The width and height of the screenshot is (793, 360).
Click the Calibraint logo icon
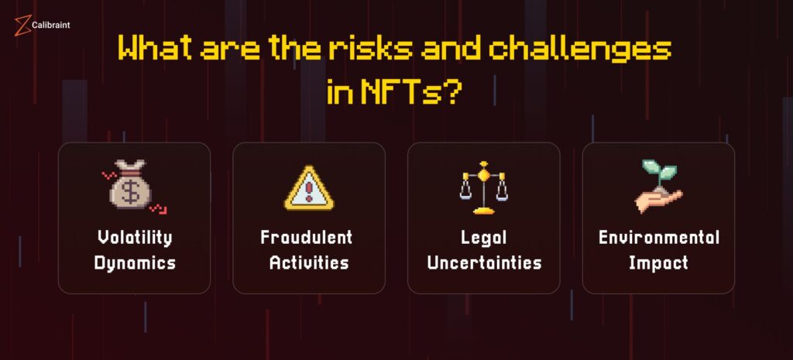[x=22, y=26]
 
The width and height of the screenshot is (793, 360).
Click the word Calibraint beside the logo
[x=50, y=25]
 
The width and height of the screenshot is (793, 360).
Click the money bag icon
[x=131, y=183]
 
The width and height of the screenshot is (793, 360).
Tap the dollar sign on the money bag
[x=130, y=193]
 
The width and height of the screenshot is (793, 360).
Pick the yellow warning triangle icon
[x=309, y=188]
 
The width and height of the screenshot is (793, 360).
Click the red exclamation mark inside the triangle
[x=309, y=191]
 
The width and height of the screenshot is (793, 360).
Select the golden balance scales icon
[x=483, y=187]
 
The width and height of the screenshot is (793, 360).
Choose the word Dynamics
[x=135, y=263]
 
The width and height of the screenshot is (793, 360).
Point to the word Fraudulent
[x=307, y=238]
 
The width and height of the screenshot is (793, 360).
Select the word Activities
[x=309, y=263]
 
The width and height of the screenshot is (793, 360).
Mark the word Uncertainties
[x=484, y=263]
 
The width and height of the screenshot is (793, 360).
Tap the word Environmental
[x=658, y=238]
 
